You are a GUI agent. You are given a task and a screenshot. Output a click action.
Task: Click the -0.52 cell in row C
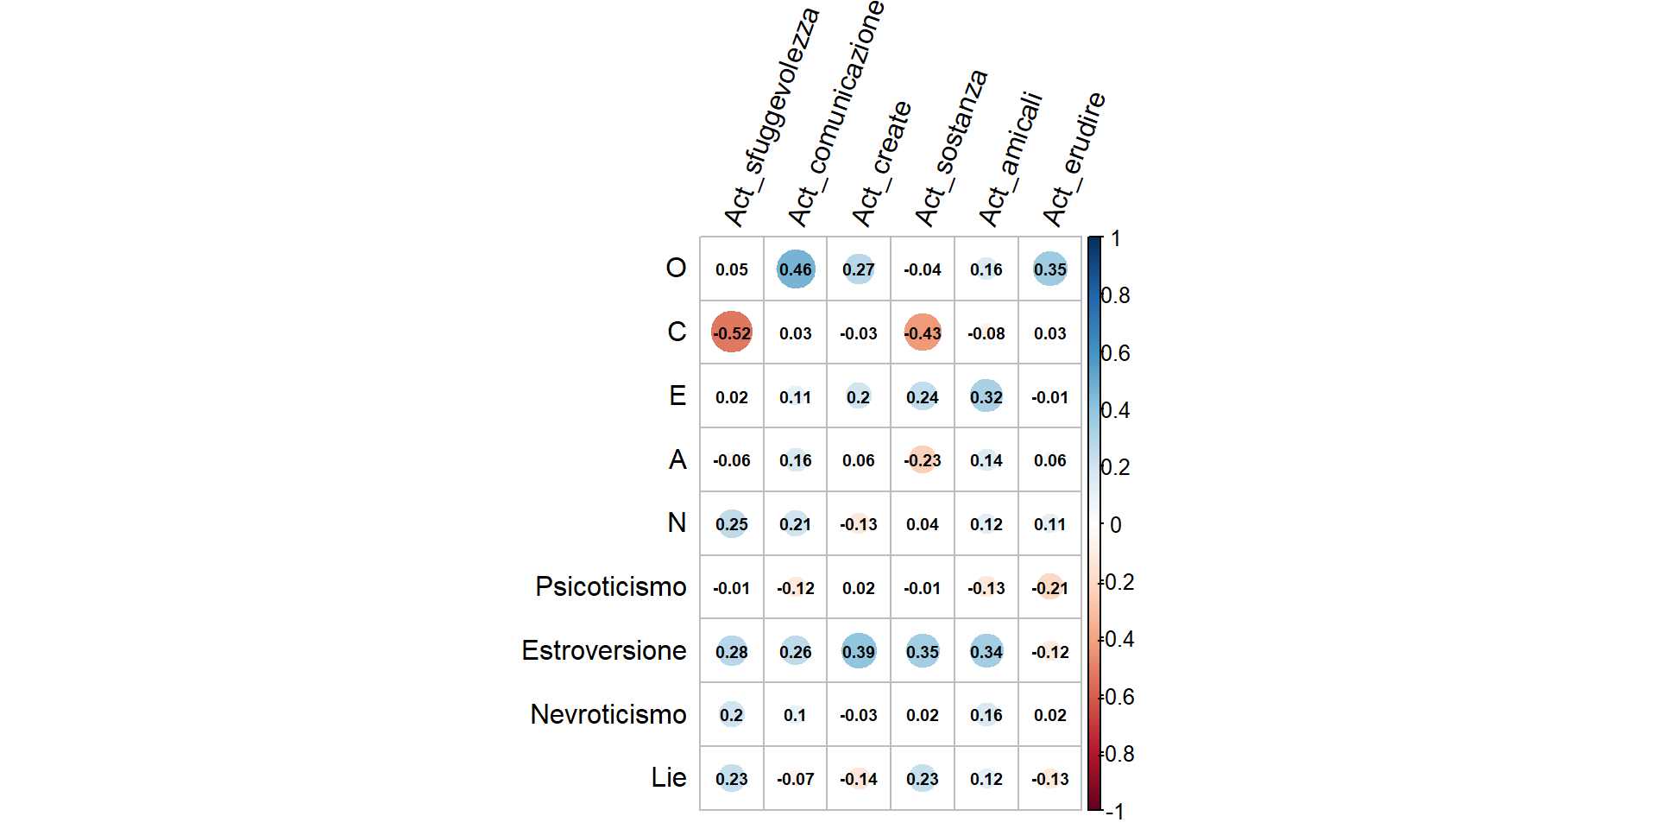[x=731, y=332]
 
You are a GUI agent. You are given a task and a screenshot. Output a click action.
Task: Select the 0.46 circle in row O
[x=795, y=269]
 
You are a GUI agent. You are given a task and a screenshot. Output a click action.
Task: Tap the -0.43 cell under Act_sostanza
[x=923, y=332]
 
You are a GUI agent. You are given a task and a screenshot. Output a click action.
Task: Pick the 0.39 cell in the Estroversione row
[x=859, y=651]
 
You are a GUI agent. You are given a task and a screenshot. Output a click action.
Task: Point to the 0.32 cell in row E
[x=986, y=396]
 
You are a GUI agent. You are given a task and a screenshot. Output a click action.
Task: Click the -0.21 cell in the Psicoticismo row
[x=1050, y=587]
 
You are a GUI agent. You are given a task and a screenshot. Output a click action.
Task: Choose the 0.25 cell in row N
[x=731, y=524]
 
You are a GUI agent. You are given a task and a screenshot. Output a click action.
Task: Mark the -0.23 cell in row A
[x=923, y=460]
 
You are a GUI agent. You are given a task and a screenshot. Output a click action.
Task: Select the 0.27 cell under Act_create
[x=859, y=269]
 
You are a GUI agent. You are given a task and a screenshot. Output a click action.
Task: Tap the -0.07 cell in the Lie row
[x=795, y=779]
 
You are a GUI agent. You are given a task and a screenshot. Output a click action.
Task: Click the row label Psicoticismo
[x=610, y=587]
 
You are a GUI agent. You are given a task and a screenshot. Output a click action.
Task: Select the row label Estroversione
[x=603, y=651]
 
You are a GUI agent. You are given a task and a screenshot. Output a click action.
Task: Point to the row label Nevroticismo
[x=608, y=715]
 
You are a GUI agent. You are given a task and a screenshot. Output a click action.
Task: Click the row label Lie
[x=668, y=778]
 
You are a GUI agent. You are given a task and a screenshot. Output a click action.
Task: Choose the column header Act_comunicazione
[x=835, y=112]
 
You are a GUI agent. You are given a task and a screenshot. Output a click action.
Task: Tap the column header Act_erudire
[x=1074, y=159]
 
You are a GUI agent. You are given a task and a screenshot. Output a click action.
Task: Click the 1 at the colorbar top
[x=1116, y=238]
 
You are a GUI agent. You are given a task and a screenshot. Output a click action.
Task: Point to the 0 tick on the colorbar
[x=1116, y=525]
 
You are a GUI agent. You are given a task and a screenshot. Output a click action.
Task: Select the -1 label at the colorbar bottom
[x=1114, y=811]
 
